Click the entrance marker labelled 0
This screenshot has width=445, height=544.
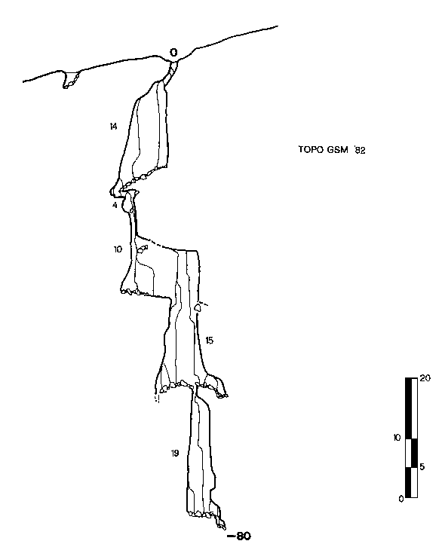[173, 53]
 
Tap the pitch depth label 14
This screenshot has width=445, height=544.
[113, 127]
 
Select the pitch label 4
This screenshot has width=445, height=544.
[115, 205]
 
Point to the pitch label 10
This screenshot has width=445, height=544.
[118, 249]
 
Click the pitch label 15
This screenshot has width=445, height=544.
[209, 341]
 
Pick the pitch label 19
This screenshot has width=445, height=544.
[175, 453]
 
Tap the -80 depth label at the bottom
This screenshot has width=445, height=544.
[238, 536]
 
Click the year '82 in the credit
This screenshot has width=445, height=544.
[360, 150]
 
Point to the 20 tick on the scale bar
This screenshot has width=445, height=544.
[425, 377]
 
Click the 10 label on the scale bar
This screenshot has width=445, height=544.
[397, 438]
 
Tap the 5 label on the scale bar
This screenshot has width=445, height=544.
[422, 466]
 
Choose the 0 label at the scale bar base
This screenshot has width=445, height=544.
[401, 499]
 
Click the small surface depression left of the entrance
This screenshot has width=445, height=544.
[70, 80]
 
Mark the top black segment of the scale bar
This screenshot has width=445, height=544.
[408, 408]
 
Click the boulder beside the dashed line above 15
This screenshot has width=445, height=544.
[198, 307]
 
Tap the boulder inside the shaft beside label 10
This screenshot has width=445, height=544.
[142, 249]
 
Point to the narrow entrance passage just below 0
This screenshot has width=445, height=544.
[170, 72]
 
